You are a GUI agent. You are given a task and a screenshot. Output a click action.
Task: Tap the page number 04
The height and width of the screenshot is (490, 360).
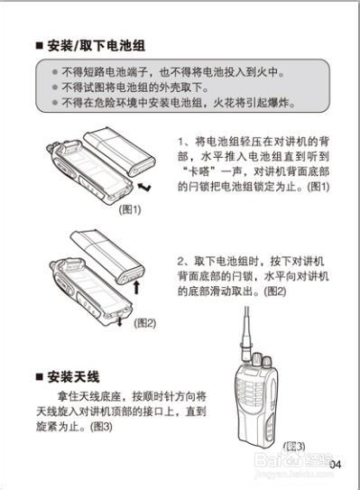tap(336, 464)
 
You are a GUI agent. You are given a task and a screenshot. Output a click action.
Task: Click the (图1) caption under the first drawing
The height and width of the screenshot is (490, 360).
tap(130, 208)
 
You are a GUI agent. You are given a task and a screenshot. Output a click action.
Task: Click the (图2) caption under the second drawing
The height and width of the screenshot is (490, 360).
tap(144, 322)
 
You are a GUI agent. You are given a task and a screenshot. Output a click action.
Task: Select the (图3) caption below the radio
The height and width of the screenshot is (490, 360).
tap(294, 446)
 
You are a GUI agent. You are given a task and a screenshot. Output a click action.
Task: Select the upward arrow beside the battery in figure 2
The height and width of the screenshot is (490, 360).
tap(136, 288)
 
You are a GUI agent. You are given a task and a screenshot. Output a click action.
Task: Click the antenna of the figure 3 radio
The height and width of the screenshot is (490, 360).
tap(245, 334)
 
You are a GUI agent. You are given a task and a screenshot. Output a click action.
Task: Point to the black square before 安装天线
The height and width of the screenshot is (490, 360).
tap(38, 376)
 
